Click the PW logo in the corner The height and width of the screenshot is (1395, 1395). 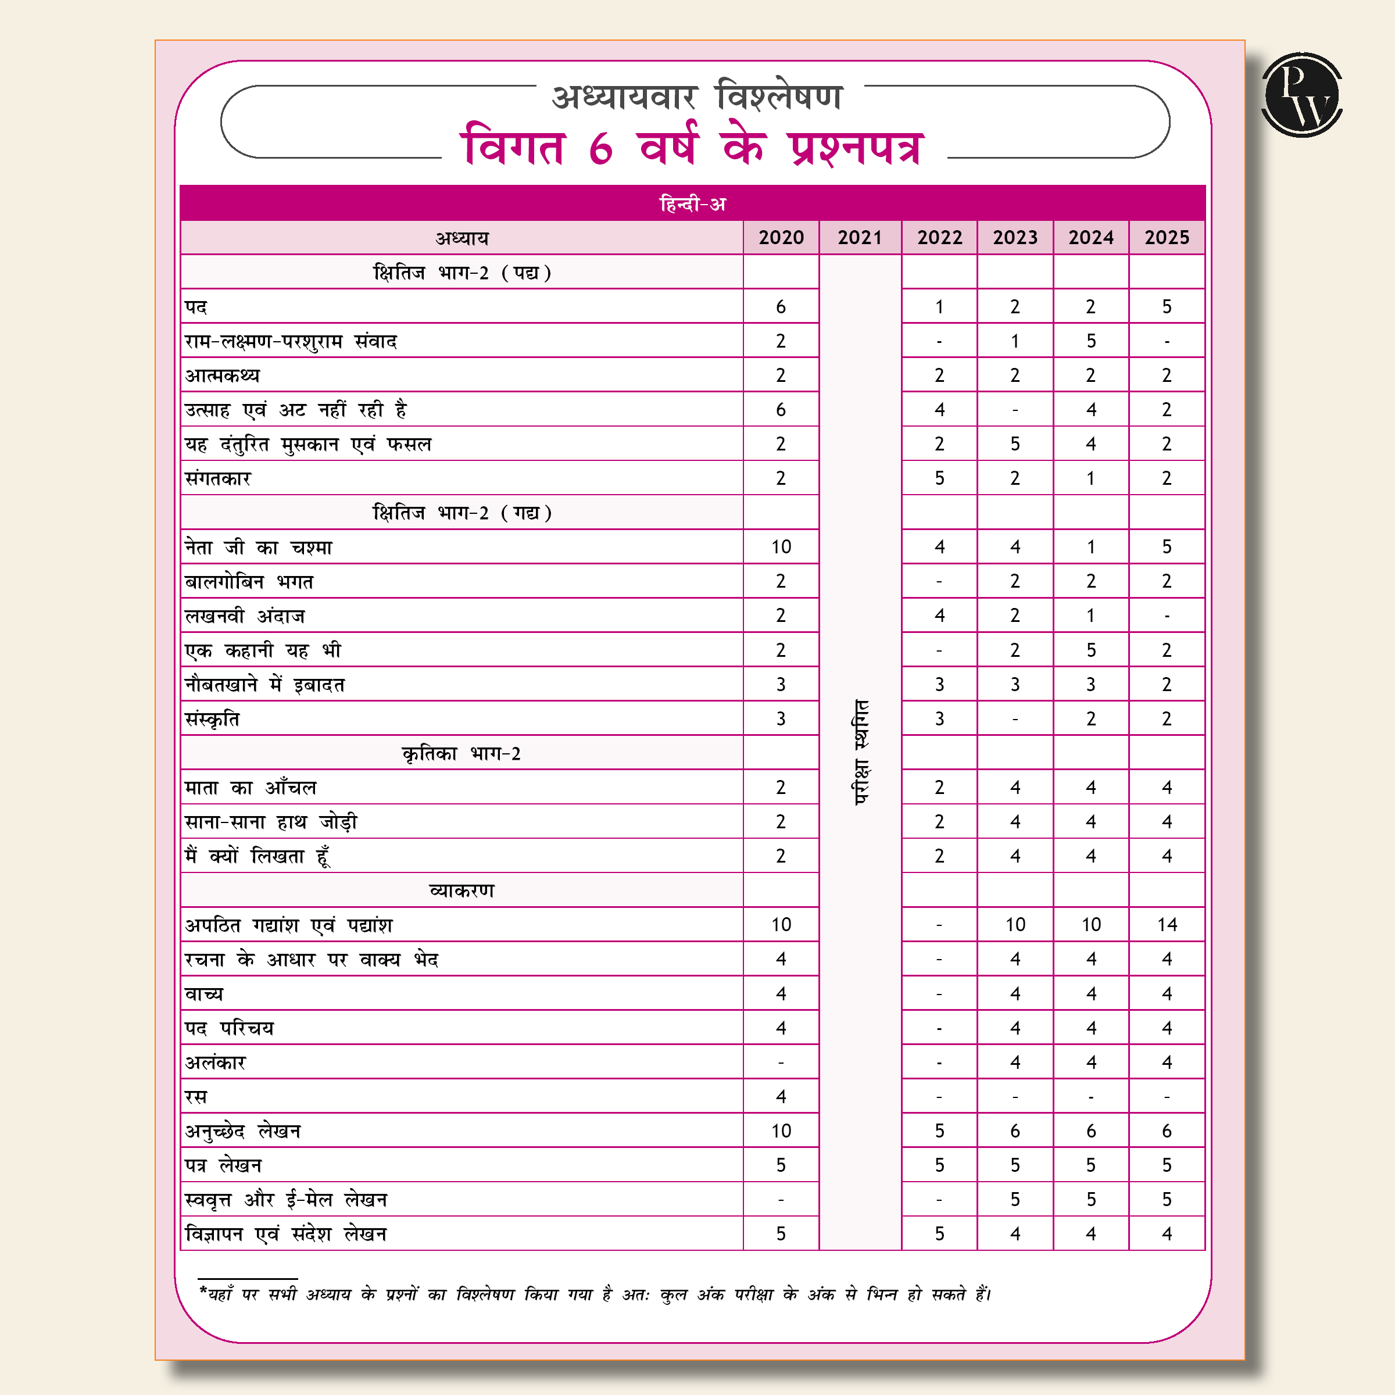pyautogui.click(x=1301, y=95)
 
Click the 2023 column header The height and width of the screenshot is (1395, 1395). pyautogui.click(x=1014, y=238)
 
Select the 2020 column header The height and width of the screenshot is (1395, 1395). pyautogui.click(x=781, y=238)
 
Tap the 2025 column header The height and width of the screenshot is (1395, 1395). pyautogui.click(x=1166, y=238)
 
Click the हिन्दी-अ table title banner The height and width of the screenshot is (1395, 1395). pyautogui.click(x=692, y=203)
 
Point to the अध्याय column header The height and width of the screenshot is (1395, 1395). pyautogui.click(x=462, y=238)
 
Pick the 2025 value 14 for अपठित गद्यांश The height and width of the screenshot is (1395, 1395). pyautogui.click(x=1166, y=925)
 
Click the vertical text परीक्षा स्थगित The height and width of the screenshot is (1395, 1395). pyautogui.click(x=861, y=752)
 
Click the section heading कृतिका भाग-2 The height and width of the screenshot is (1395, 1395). pyautogui.click(x=462, y=754)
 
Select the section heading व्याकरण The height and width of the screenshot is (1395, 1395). pyautogui.click(x=462, y=891)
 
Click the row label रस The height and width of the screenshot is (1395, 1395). pyautogui.click(x=196, y=1097)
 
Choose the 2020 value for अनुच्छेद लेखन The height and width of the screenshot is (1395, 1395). pyautogui.click(x=781, y=1131)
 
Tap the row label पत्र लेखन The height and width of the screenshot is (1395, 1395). pyautogui.click(x=223, y=1165)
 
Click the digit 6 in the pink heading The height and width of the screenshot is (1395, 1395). pyautogui.click(x=601, y=148)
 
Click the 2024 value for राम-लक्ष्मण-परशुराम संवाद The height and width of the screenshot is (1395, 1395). pyautogui.click(x=1090, y=341)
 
